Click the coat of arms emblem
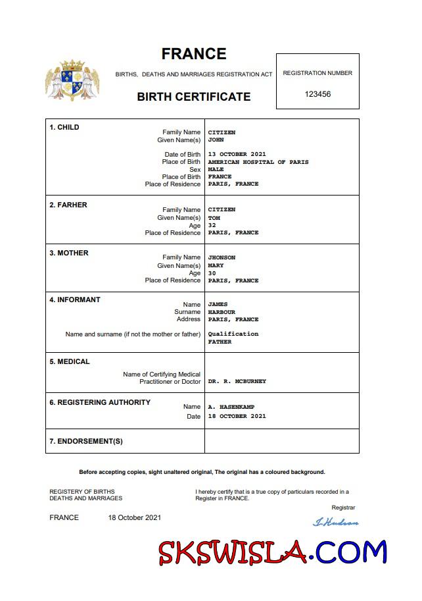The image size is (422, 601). coord(72,80)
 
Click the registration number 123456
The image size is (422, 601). coord(317,94)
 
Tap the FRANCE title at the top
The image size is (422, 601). coord(194,54)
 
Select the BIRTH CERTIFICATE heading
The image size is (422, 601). coord(194,97)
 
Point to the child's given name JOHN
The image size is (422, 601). coord(216,140)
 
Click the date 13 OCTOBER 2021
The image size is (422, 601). coord(237,155)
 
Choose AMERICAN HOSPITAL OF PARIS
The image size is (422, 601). coord(258,162)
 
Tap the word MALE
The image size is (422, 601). coord(216,169)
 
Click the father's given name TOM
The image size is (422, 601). coord(214,218)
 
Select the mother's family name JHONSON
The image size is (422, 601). coord(222,257)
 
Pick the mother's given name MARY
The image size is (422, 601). coord(216,265)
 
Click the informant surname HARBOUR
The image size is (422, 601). coord(222,312)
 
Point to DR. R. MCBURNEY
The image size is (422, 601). coord(237,382)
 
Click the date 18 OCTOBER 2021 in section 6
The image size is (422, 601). coord(237,416)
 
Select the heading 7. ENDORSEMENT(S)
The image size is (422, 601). coord(86,441)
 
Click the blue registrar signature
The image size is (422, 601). coord(335,523)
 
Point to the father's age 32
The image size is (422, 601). coord(212,225)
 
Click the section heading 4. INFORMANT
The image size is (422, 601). coord(75,300)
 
